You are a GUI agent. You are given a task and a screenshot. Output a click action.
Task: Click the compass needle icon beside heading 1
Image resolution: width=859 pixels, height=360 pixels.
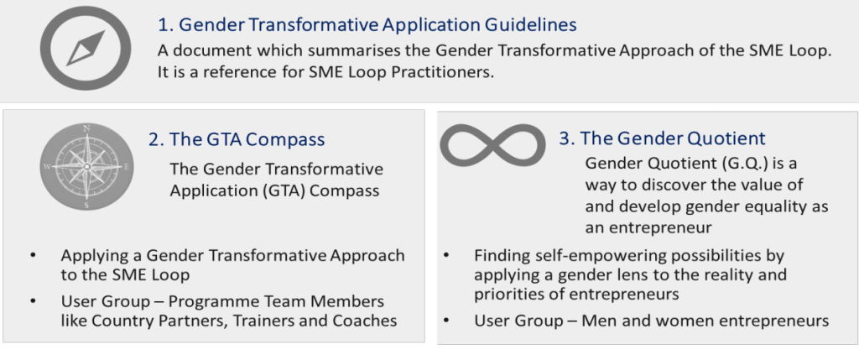(x=86, y=48)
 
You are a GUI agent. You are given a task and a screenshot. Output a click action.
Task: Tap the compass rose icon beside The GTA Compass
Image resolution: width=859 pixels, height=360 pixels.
(x=86, y=167)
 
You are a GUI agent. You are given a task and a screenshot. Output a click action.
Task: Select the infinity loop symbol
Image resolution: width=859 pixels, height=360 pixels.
(x=493, y=144)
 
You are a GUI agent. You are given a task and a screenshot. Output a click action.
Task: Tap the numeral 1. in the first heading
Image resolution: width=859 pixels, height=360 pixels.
(x=165, y=24)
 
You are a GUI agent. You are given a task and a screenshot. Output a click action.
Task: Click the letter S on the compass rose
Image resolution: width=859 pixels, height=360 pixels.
(x=86, y=205)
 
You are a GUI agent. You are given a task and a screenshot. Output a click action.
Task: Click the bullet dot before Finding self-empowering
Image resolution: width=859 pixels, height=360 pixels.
(x=447, y=256)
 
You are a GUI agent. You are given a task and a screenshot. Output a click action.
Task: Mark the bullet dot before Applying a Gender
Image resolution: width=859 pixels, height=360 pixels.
(x=34, y=256)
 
